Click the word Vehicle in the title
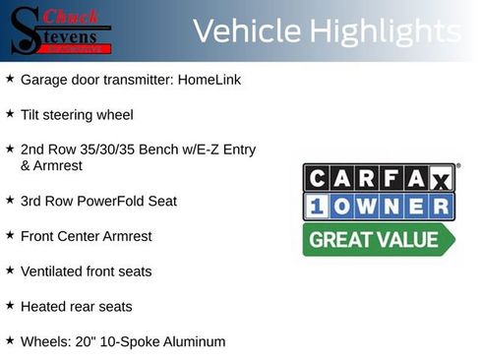(x=247, y=31)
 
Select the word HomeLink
(x=210, y=79)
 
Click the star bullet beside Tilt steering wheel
(x=10, y=113)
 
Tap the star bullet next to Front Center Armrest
(x=10, y=235)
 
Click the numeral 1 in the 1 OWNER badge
(x=319, y=207)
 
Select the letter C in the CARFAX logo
(x=319, y=178)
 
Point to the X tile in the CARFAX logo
(x=440, y=178)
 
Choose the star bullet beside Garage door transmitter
(x=10, y=78)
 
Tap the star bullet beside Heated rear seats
(x=10, y=306)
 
